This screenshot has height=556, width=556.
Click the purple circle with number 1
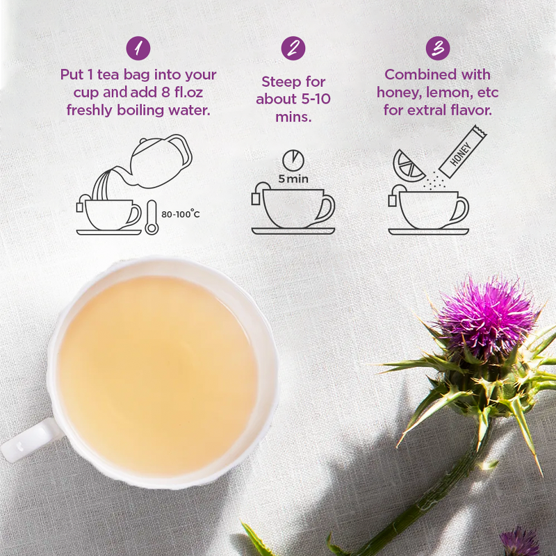[x=139, y=48]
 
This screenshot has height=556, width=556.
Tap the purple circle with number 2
[x=293, y=48]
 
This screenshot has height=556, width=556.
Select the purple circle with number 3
[x=438, y=48]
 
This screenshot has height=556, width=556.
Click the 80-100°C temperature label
[x=181, y=214]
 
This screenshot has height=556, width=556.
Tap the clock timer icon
[x=293, y=158]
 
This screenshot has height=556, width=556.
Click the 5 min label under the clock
[x=293, y=179]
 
